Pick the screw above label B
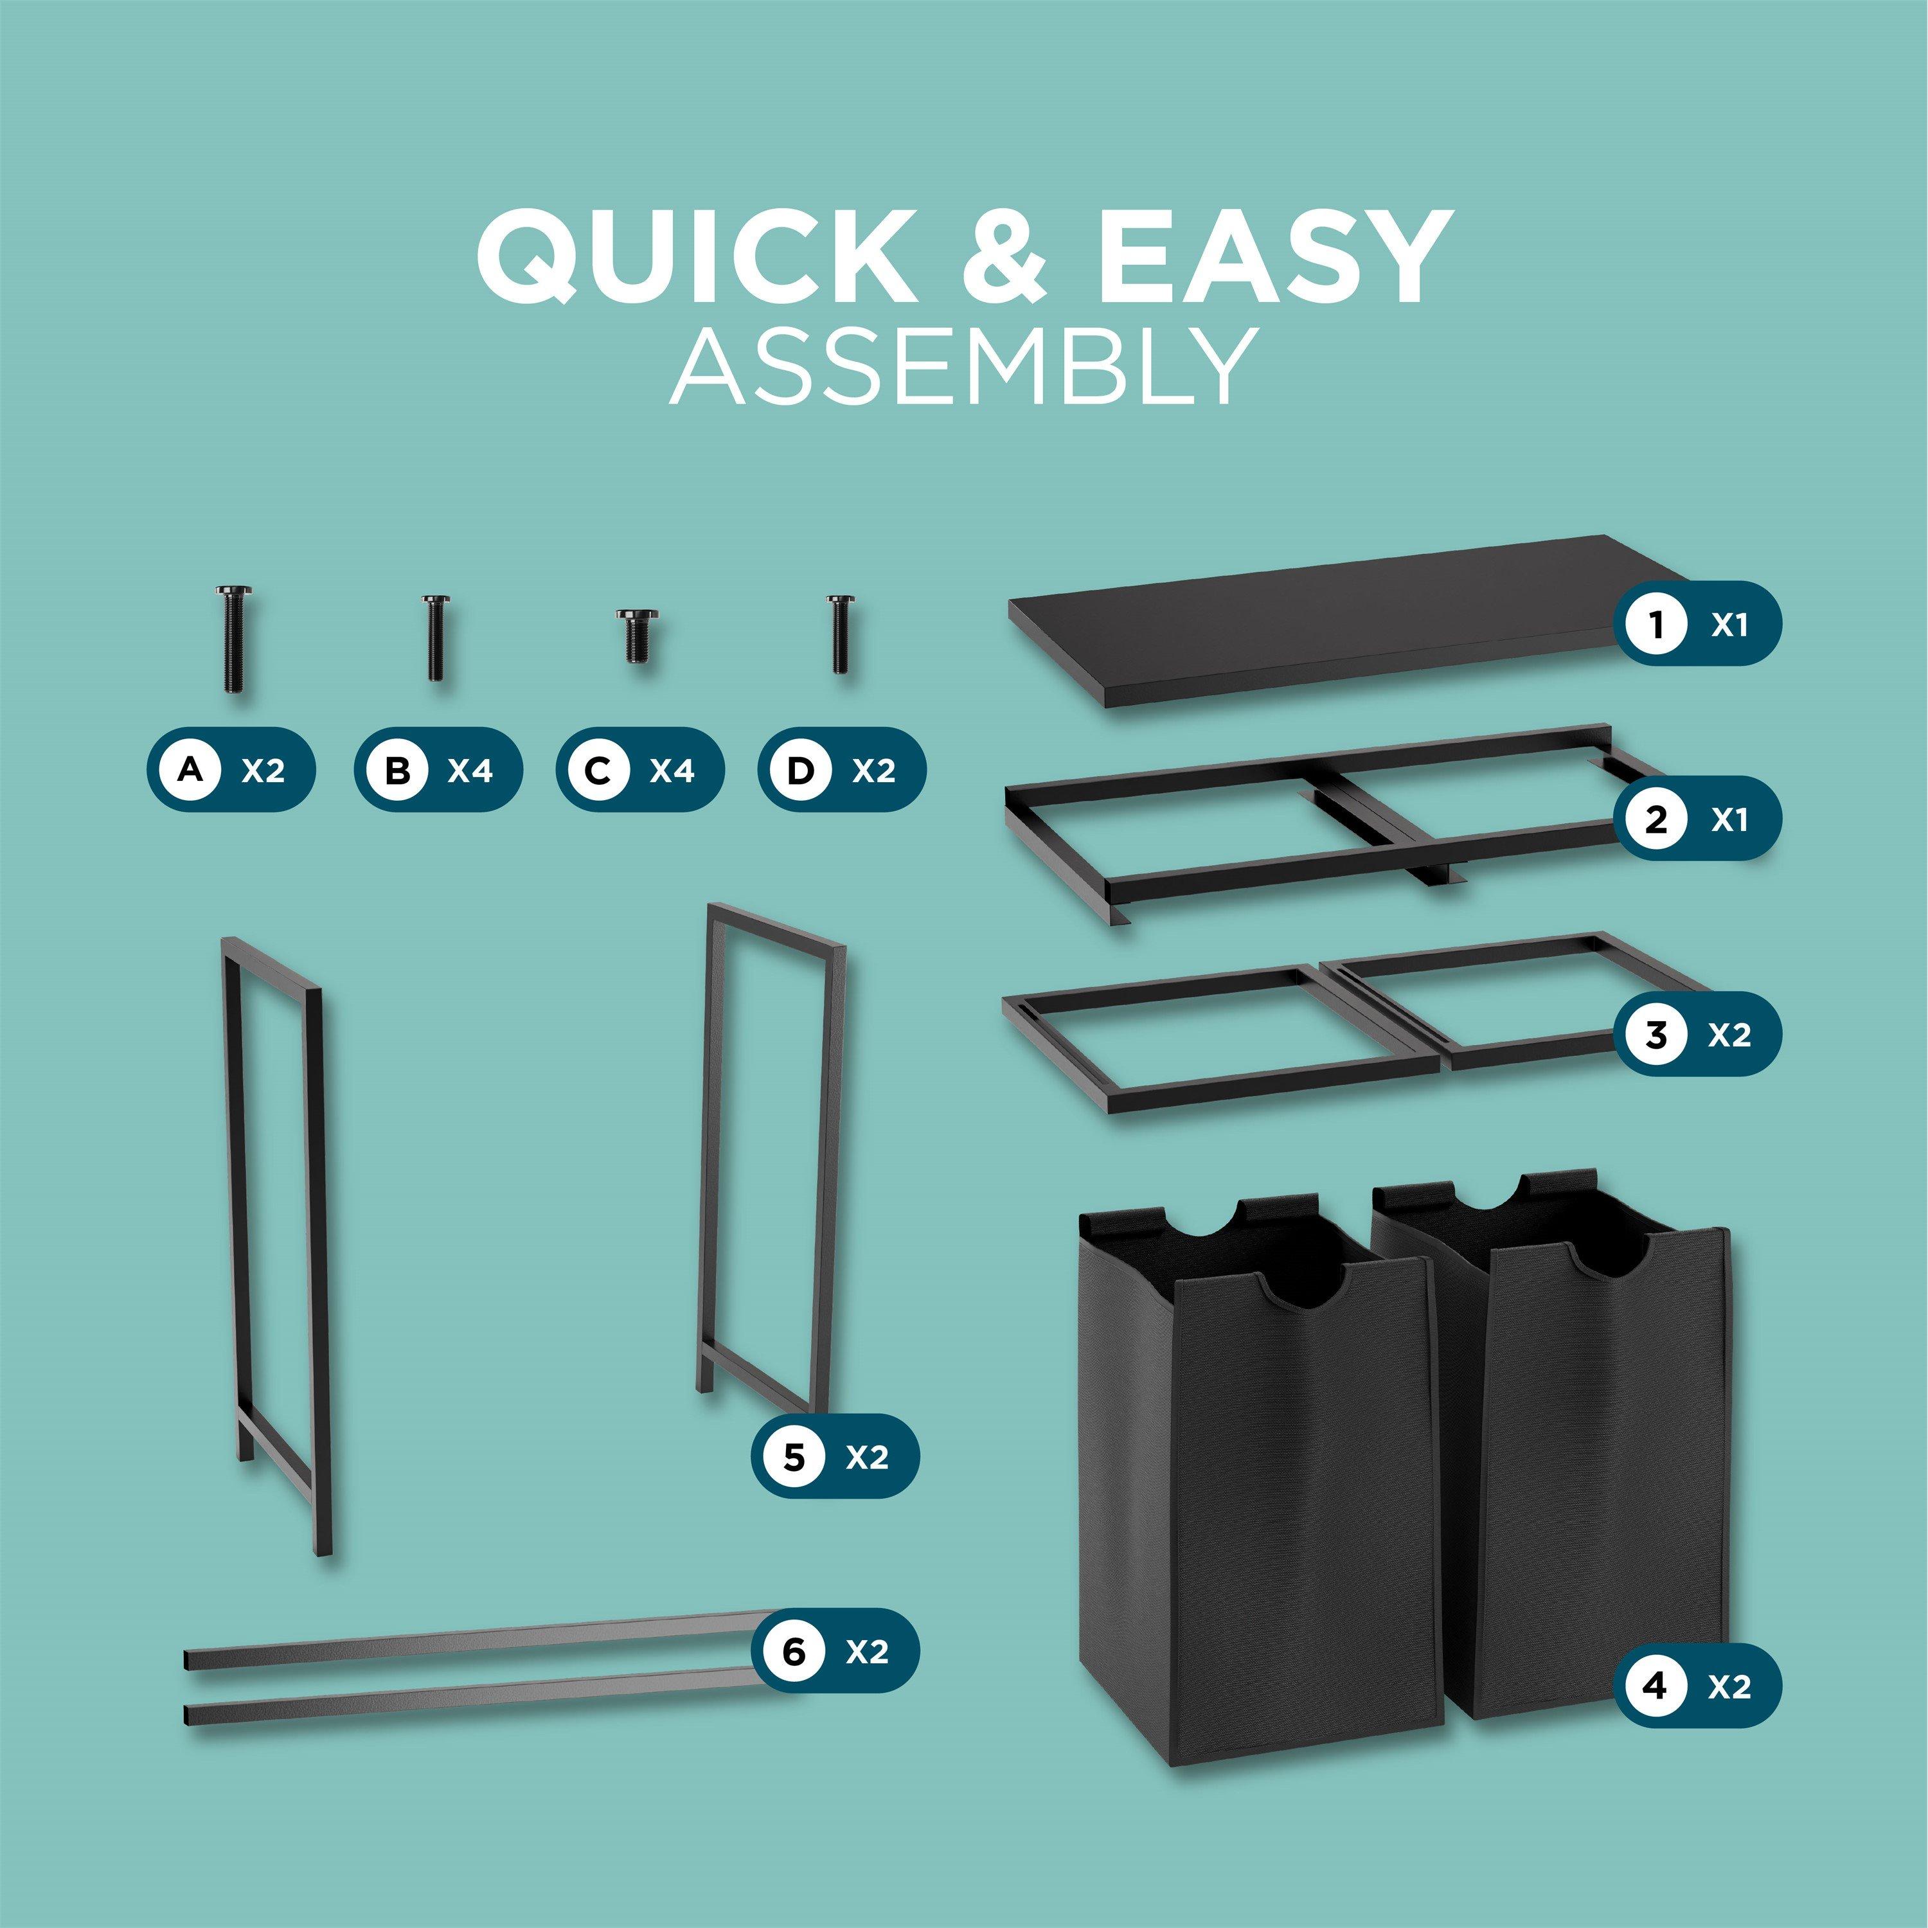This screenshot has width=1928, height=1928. (x=435, y=638)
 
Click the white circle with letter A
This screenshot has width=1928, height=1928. (x=193, y=769)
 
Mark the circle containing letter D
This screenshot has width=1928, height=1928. (x=800, y=769)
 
